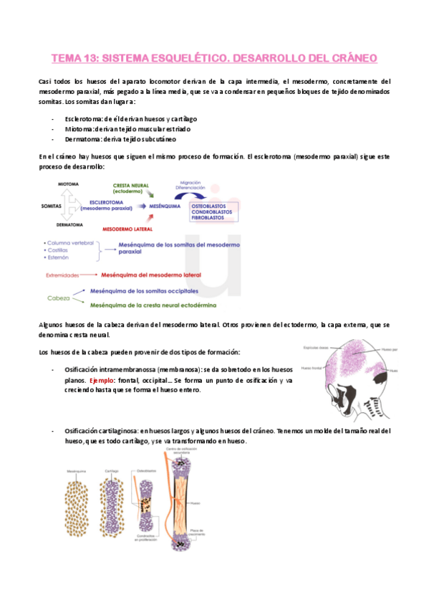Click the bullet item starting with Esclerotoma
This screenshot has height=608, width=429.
130,118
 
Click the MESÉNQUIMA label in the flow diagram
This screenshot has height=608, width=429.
164,206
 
